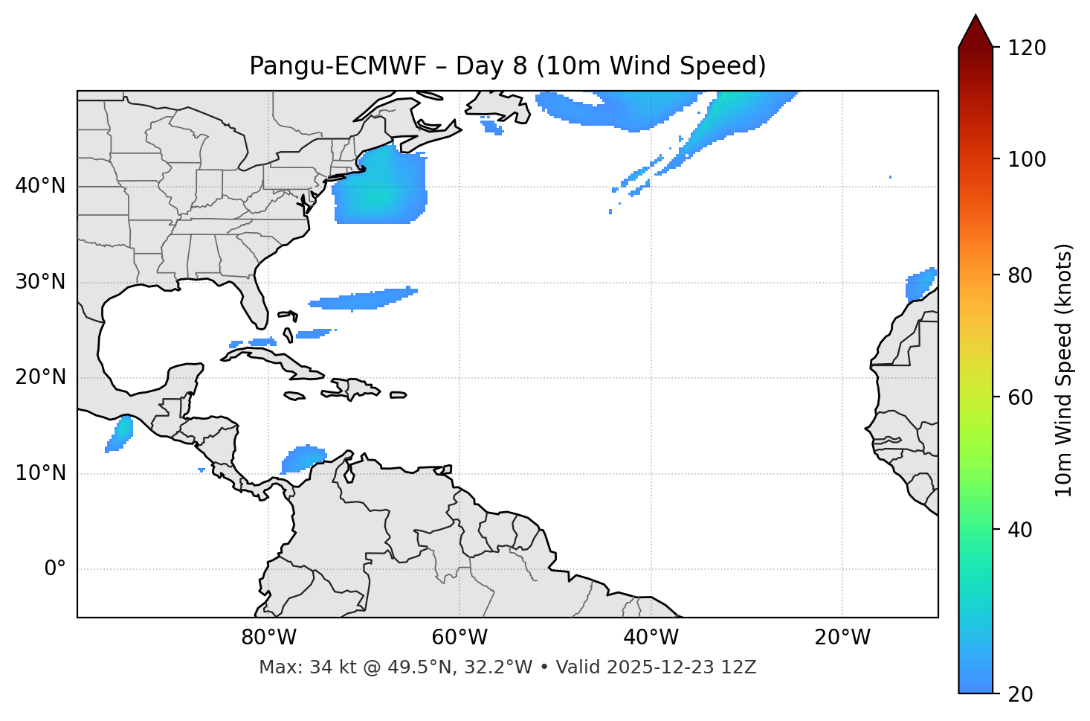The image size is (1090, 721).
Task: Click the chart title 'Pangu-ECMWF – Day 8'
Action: click(x=507, y=66)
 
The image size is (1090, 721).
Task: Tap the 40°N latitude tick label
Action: click(x=40, y=186)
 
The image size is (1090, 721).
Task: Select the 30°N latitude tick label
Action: click(x=40, y=282)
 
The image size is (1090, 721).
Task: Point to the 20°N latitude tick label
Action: click(x=40, y=377)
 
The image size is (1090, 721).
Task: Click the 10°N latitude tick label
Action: click(x=40, y=473)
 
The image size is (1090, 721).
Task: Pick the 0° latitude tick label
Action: click(x=55, y=569)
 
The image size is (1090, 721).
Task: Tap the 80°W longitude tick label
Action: click(x=268, y=638)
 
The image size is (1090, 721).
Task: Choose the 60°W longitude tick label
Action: click(x=459, y=638)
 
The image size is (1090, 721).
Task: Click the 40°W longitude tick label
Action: click(x=651, y=638)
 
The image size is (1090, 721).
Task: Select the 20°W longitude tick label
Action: click(x=842, y=638)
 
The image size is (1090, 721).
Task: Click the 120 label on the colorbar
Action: click(x=1028, y=48)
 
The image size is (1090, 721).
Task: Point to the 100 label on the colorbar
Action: click(x=1028, y=159)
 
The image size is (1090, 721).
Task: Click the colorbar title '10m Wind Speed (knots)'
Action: click(x=1064, y=370)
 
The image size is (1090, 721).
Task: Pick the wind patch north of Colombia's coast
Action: click(x=303, y=458)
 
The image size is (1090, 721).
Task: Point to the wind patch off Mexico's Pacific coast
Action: click(x=120, y=434)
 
